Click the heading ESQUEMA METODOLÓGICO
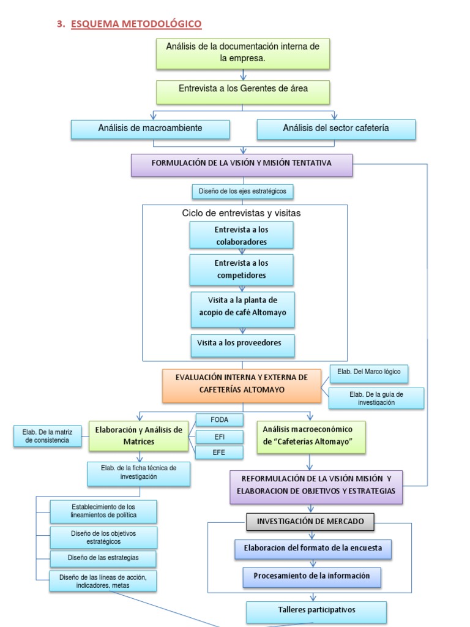(x=136, y=24)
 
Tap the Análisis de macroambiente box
(x=151, y=129)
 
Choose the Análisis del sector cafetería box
(x=336, y=129)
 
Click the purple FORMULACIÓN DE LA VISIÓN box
(x=242, y=164)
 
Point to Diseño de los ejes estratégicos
(x=242, y=192)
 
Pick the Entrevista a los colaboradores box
(x=241, y=236)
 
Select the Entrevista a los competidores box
(x=241, y=269)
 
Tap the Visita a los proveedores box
(x=242, y=345)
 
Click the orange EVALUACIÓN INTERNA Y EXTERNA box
(x=241, y=385)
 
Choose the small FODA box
(x=219, y=420)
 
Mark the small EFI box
(x=219, y=437)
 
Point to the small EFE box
(x=219, y=452)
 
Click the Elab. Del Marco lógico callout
(x=369, y=374)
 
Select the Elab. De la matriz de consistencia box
(x=47, y=436)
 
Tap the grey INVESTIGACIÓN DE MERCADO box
(x=310, y=522)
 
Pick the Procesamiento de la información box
(x=311, y=577)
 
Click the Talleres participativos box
(x=316, y=611)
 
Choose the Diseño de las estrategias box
(x=103, y=558)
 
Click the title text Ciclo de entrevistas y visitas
(x=241, y=213)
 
